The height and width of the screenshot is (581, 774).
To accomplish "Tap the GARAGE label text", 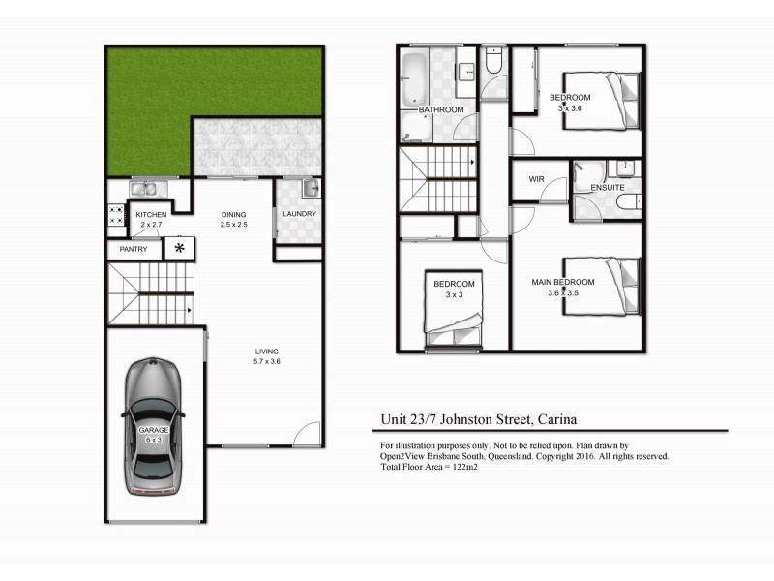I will click(x=153, y=429).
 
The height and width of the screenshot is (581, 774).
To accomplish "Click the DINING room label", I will click(x=233, y=214).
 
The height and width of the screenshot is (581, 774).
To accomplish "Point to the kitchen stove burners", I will click(x=114, y=215).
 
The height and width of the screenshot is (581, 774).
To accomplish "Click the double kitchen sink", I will click(x=151, y=188).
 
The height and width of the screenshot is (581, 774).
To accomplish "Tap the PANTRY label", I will click(x=134, y=249).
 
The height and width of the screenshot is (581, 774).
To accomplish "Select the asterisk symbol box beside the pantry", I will click(x=180, y=248).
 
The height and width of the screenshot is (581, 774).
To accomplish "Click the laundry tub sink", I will click(x=310, y=188).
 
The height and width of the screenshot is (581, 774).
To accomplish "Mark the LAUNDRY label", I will click(x=300, y=214).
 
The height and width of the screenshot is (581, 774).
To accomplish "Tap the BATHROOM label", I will click(x=441, y=110).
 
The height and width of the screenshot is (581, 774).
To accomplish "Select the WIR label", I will click(x=537, y=180).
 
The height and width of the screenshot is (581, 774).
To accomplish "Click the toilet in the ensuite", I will click(x=627, y=202).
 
